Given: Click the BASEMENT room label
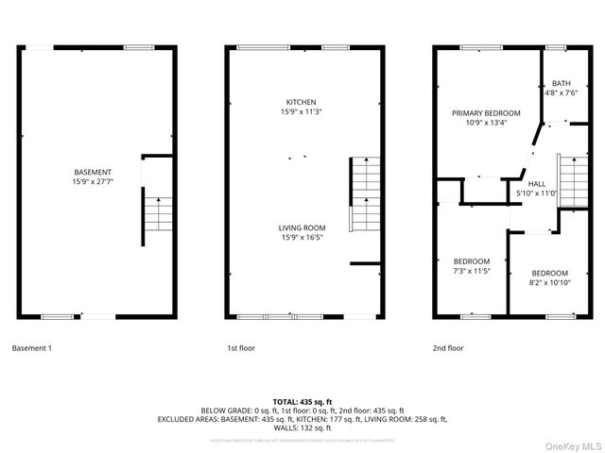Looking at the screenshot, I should point(93,172).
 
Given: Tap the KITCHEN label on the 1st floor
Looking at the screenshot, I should point(302,102).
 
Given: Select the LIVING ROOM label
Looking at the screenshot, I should point(302,227).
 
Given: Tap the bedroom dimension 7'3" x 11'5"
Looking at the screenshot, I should point(471,272).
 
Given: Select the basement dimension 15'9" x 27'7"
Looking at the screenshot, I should point(93,182).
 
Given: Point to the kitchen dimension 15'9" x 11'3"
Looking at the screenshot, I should point(302,112).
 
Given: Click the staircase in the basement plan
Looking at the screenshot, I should point(158,216).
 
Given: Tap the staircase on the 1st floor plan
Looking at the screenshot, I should point(363,193).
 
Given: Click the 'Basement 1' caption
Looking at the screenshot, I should point(32,348).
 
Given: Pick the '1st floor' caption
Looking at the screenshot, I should point(241,348).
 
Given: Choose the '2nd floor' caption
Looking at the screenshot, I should point(448,348).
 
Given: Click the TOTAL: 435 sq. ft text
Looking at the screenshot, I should point(302,402).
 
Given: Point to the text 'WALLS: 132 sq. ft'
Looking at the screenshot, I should point(302,428).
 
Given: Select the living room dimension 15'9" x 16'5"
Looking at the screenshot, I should point(302,238).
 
